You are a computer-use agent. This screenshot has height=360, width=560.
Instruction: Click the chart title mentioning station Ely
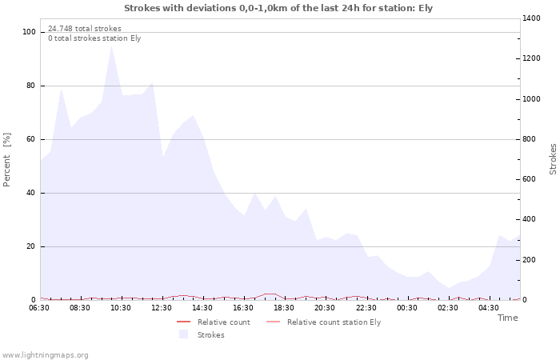(279, 7)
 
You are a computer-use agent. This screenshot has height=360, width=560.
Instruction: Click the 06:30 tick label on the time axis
(39, 308)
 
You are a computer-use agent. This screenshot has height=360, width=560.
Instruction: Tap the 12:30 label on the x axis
(162, 308)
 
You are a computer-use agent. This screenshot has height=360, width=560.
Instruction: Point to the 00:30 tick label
(408, 308)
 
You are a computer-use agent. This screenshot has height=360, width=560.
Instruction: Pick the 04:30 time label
(490, 308)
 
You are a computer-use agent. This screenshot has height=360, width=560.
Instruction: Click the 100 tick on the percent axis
(30, 32)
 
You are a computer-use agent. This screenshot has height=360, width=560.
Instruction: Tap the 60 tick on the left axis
(31, 139)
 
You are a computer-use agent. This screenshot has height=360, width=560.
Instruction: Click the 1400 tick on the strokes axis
(532, 18)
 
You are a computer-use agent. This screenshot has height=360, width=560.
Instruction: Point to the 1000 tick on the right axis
(532, 99)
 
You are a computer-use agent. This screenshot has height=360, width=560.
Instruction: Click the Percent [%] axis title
(7, 160)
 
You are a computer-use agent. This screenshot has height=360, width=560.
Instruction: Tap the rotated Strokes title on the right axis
(553, 159)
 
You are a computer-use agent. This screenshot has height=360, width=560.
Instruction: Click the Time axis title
(507, 318)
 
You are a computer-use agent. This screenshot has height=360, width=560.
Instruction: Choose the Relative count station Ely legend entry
(334, 322)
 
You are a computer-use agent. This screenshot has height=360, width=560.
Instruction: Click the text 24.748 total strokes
(85, 29)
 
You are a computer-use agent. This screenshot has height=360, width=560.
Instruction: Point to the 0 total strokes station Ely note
(94, 38)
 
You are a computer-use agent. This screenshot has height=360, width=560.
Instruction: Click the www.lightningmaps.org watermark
(45, 354)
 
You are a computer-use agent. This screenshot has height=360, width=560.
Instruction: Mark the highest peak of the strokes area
(111, 46)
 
